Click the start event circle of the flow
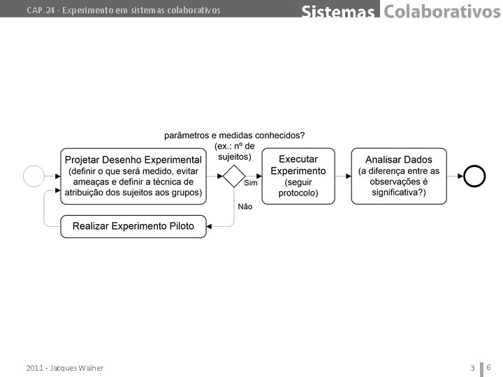click(x=34, y=176)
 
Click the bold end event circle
click(x=474, y=176)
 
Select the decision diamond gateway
click(x=233, y=176)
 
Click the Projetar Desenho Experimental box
click(x=133, y=176)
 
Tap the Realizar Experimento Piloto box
click(x=133, y=226)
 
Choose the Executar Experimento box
click(x=298, y=176)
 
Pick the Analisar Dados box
click(x=399, y=176)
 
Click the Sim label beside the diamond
click(x=250, y=183)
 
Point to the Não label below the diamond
click(x=245, y=206)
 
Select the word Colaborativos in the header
click(x=442, y=11)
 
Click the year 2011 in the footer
click(x=34, y=368)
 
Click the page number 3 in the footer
click(x=472, y=368)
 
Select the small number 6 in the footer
click(x=489, y=367)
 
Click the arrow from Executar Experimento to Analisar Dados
click(x=343, y=176)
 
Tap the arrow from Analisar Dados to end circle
click(x=455, y=176)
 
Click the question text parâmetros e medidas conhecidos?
click(x=234, y=135)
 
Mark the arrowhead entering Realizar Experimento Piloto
click(x=210, y=226)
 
